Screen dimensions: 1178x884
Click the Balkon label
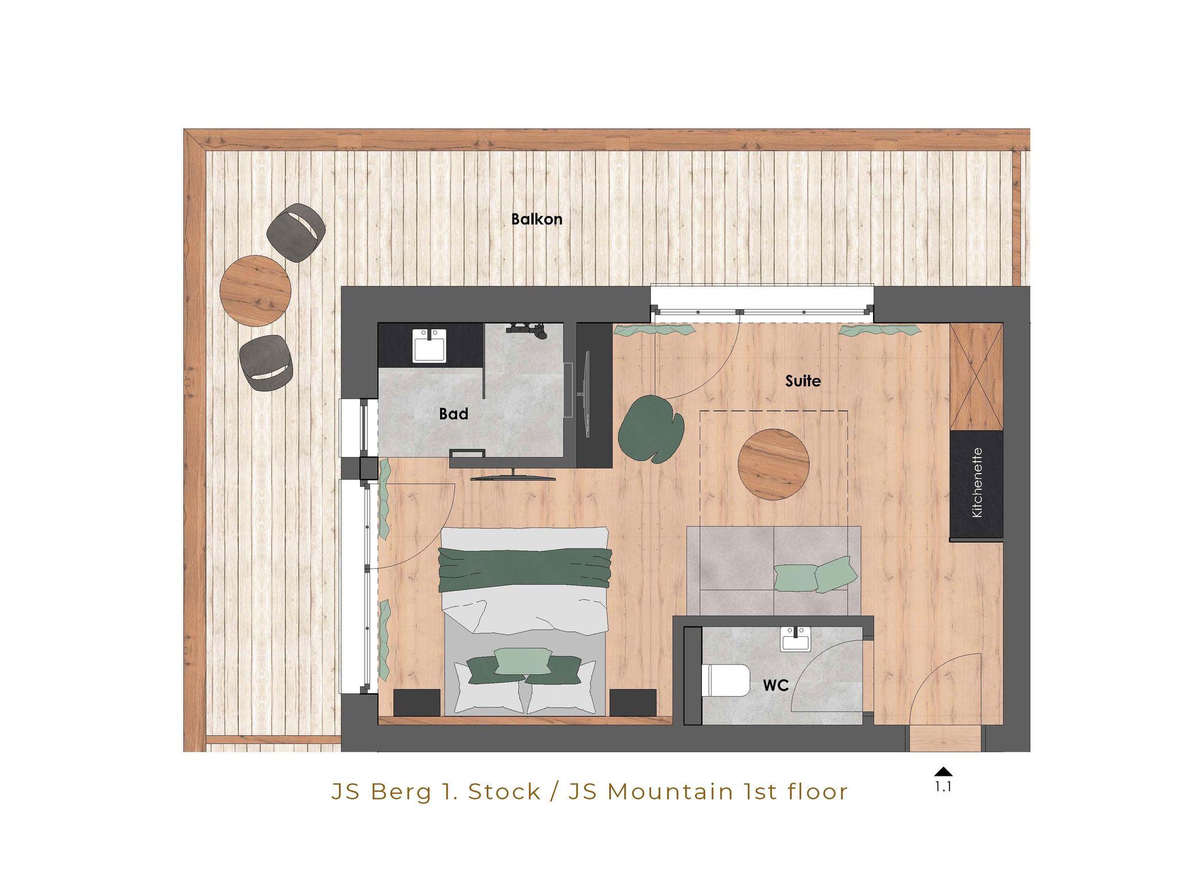click(537, 219)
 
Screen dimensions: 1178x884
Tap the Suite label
click(803, 381)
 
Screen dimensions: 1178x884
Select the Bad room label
click(453, 414)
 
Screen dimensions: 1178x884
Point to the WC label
click(775, 685)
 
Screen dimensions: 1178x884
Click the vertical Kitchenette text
click(977, 483)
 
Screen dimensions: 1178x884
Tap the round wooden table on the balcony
click(255, 291)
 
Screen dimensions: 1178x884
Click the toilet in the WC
click(727, 680)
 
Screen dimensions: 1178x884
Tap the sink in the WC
click(795, 639)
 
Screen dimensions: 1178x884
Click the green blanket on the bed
click(525, 569)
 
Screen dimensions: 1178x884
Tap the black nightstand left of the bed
click(417, 702)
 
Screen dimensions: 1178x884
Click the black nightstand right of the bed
click(633, 702)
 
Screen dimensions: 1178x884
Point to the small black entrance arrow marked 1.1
click(943, 772)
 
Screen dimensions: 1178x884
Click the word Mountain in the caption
click(670, 792)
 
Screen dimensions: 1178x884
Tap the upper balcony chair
click(297, 233)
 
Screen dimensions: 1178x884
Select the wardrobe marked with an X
click(976, 376)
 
